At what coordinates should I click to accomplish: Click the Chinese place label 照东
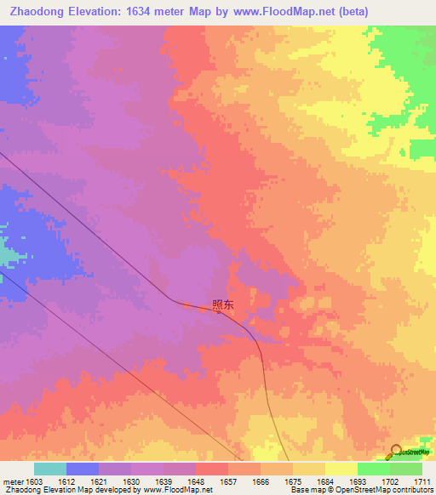point(222,304)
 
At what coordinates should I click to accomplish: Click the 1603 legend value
point(34,482)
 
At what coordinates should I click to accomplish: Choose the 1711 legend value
point(422,482)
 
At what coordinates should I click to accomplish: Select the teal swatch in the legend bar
point(49,469)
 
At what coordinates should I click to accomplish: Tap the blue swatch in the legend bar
point(83,469)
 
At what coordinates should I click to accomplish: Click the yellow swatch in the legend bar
point(341,469)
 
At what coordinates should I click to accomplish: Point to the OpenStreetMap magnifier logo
point(396,452)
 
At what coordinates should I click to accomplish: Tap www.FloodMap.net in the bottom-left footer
point(178,491)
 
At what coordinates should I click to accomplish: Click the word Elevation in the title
point(102,12)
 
